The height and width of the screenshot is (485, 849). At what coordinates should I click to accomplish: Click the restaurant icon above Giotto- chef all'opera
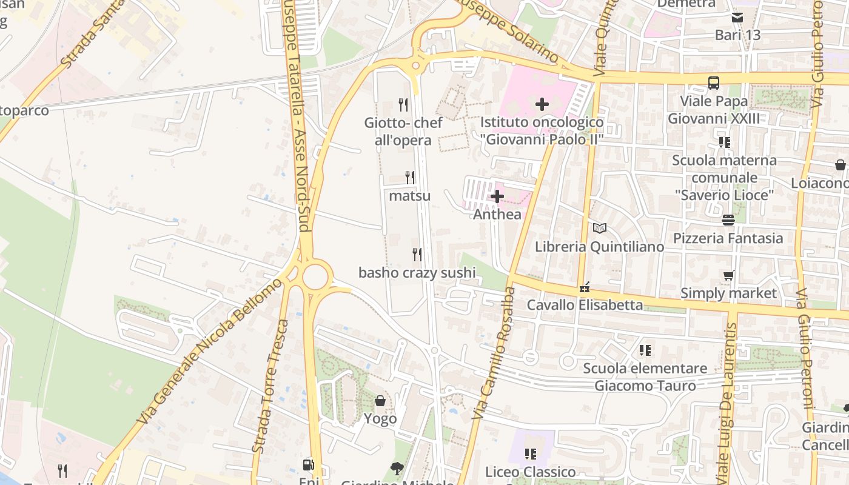tap(403, 104)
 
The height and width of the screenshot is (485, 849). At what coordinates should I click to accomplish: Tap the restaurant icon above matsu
tap(410, 177)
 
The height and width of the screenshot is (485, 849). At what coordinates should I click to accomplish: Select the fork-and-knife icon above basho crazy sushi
tap(417, 254)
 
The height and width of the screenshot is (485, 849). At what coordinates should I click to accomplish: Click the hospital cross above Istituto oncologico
tap(542, 104)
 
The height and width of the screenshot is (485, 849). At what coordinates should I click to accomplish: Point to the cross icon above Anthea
tap(497, 196)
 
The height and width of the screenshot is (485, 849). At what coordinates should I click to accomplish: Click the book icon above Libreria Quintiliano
tap(599, 229)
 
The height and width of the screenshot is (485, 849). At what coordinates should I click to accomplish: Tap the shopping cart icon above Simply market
tap(728, 276)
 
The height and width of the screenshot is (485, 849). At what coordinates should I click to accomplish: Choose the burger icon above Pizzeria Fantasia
tap(728, 219)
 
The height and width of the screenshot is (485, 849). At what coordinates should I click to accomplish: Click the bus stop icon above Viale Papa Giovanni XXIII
tap(713, 82)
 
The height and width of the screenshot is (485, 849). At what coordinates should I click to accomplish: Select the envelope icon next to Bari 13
tap(737, 18)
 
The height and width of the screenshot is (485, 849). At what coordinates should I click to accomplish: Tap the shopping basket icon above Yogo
tap(380, 401)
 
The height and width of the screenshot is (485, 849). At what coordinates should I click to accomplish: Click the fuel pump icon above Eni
tap(309, 465)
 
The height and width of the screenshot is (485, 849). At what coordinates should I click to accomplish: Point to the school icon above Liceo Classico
tap(531, 453)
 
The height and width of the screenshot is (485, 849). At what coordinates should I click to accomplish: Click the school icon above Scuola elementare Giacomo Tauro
tap(645, 350)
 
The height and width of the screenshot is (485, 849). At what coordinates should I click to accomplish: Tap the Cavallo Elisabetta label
tap(585, 305)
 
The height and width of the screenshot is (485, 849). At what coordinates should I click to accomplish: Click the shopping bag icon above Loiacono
tap(841, 165)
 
